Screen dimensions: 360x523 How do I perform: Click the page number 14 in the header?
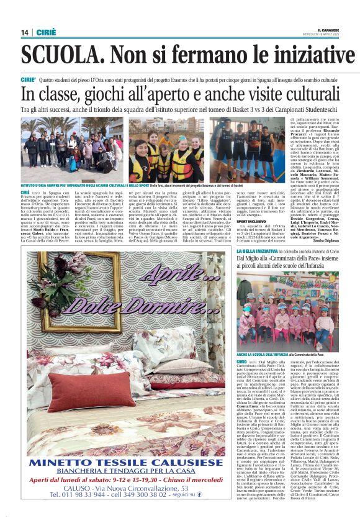[x=24, y=32]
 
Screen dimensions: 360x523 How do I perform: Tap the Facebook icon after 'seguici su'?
[x=199, y=494]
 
